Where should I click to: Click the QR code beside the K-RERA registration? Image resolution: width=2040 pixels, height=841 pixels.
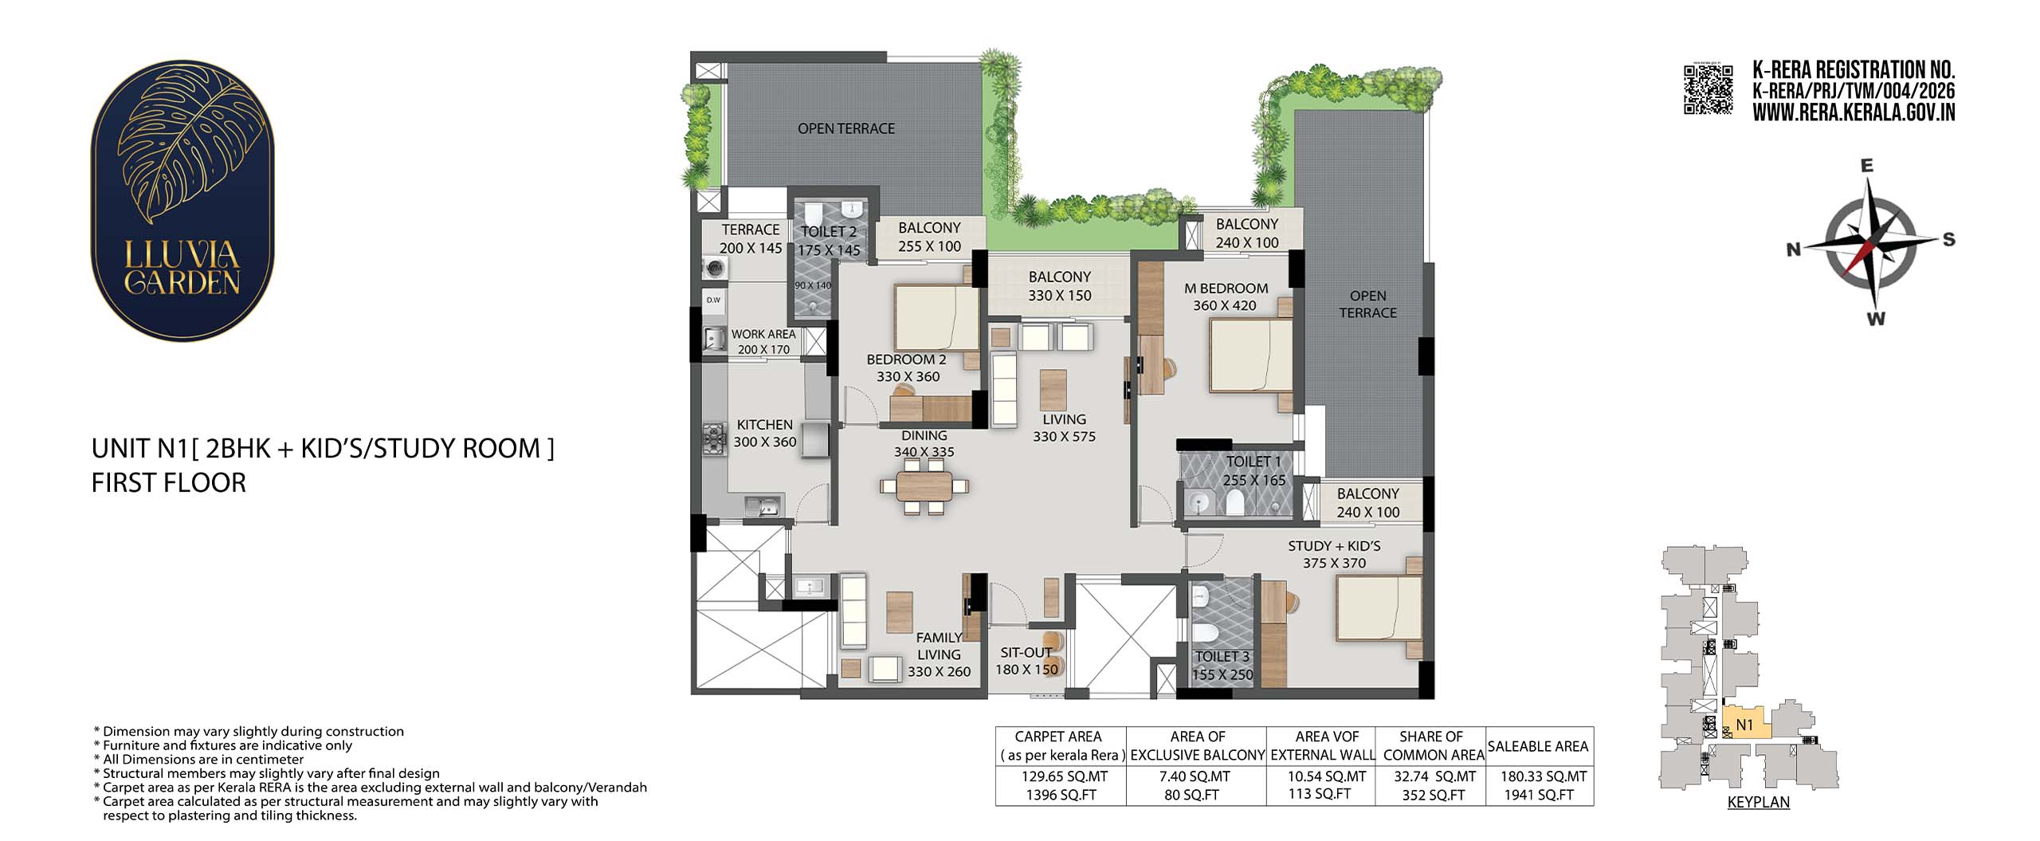pos(1708,90)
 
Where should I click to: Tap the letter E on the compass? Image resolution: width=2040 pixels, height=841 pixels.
pos(1867,166)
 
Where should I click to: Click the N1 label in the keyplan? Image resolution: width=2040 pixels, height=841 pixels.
pos(1744,725)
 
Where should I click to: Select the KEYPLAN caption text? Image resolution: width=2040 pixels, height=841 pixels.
pos(1758,802)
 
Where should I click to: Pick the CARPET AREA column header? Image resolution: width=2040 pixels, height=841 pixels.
pos(1057,737)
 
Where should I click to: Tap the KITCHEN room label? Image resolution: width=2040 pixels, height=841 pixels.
pos(764,425)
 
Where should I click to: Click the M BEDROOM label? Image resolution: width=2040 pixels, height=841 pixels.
pos(1226,288)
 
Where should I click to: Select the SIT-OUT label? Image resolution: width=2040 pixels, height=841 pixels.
pos(1026,652)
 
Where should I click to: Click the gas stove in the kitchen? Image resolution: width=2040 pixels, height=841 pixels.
pos(714,439)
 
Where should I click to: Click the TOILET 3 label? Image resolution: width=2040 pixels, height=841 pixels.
pos(1222,657)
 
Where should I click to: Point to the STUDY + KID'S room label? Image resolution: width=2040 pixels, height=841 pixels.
pos(1334,546)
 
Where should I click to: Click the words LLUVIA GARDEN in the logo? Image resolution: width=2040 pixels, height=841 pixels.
pos(182,268)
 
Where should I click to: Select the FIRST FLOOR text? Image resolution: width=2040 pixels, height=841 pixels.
pos(169,483)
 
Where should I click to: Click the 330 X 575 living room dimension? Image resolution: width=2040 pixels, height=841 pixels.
pos(1064,437)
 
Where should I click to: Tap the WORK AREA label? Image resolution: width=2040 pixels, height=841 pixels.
pos(763,334)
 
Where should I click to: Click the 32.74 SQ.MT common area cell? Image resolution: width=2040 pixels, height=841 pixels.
pos(1433,776)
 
